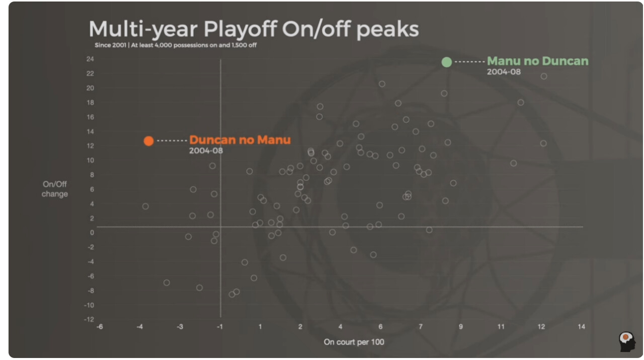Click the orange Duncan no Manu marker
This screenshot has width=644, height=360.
pos(148,141)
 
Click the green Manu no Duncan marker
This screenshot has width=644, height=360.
pos(446,62)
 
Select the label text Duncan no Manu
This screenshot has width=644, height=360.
pos(239,140)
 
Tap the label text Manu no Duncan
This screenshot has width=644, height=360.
pos(537,61)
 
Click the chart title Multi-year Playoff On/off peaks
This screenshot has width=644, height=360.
pos(254,30)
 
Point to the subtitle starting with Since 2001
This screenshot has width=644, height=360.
pos(177,45)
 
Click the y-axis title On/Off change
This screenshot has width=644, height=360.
pos(55,189)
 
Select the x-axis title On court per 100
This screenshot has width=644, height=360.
pos(354,342)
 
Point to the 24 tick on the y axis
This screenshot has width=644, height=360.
pos(90,59)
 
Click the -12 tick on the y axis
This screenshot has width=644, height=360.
pos(89,319)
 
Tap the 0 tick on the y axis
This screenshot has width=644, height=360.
pos(92,232)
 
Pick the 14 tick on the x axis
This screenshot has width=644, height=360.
pos(581,327)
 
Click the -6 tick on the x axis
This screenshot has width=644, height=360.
pos(100,327)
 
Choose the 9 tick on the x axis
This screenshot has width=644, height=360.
pos(461,327)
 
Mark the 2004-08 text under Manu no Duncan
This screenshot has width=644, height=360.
pos(504,72)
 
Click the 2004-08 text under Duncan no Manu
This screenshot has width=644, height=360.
pos(206,150)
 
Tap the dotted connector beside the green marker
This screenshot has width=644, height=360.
pos(469,62)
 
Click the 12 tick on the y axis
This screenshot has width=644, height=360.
pos(91,146)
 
